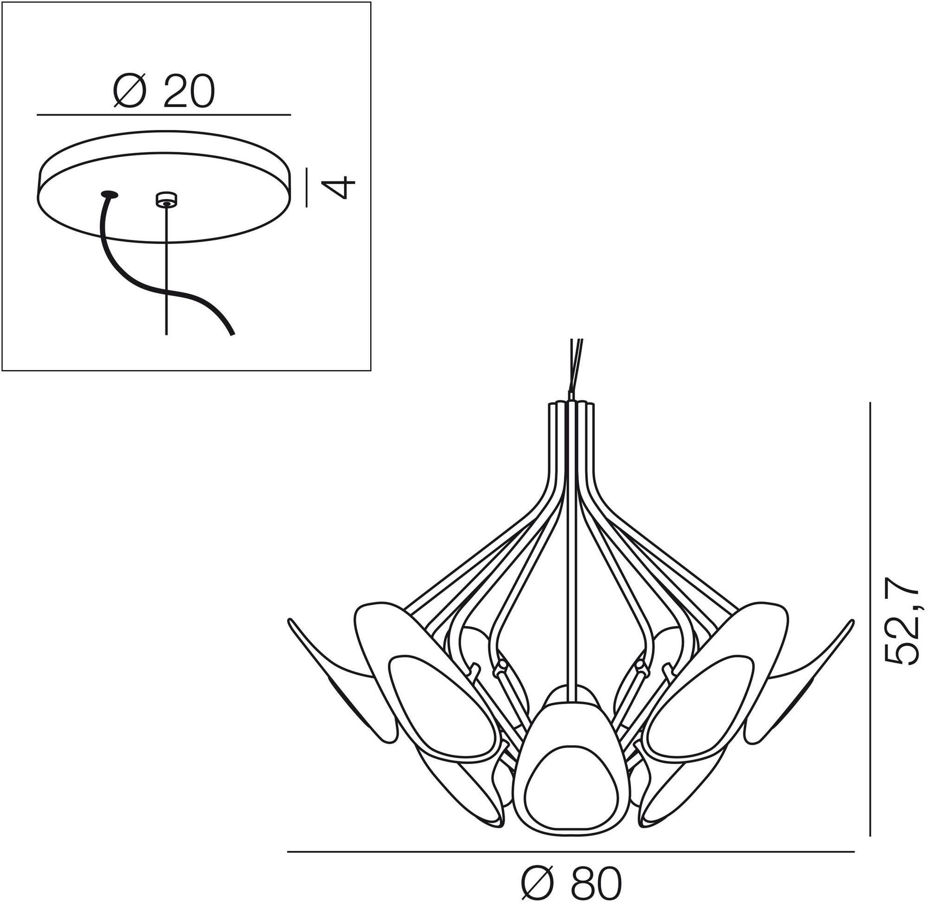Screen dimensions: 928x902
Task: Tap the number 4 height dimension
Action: click(342, 187)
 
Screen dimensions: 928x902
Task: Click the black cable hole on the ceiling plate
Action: click(110, 194)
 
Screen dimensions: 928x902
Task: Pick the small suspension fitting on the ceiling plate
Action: click(166, 199)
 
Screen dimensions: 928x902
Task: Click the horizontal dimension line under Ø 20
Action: click(163, 115)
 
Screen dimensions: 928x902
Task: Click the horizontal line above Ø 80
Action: click(571, 852)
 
